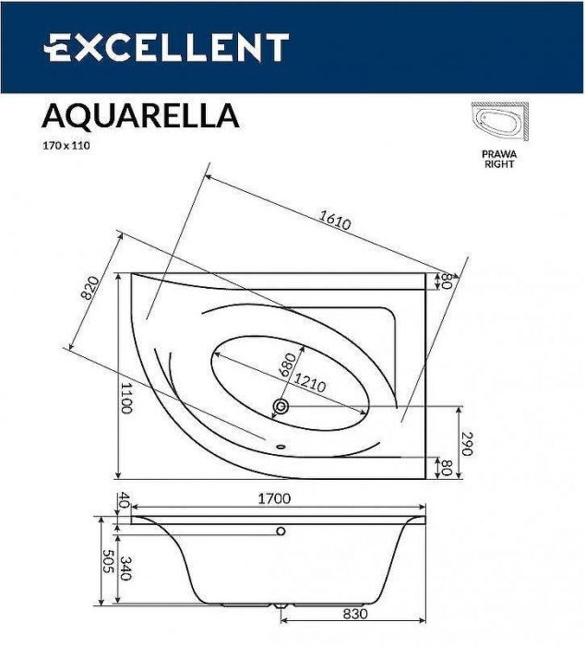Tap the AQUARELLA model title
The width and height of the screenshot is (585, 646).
[140, 115]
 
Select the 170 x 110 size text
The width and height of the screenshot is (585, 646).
[66, 144]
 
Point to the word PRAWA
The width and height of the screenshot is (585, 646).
[499, 154]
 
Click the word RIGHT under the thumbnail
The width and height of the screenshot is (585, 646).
[499, 164]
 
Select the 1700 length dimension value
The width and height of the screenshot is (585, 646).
[274, 499]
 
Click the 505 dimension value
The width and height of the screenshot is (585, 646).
[106, 563]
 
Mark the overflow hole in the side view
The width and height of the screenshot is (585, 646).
[282, 531]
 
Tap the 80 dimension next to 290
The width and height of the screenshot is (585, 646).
[446, 467]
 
